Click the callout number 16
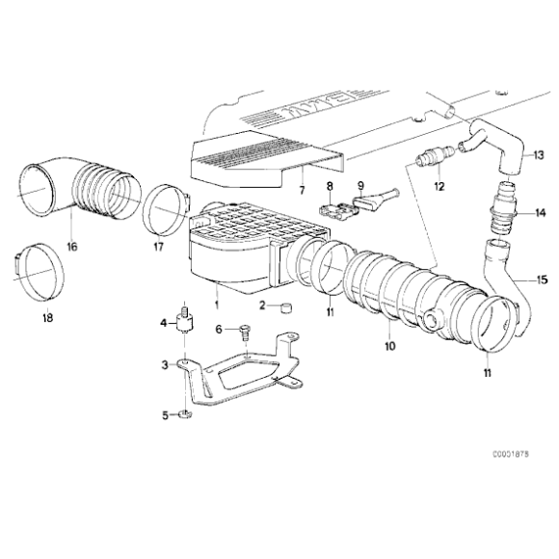point(70,246)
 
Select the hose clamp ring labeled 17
point(163,211)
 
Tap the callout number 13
point(539,155)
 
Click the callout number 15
point(543,279)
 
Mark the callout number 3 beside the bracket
point(165,366)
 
